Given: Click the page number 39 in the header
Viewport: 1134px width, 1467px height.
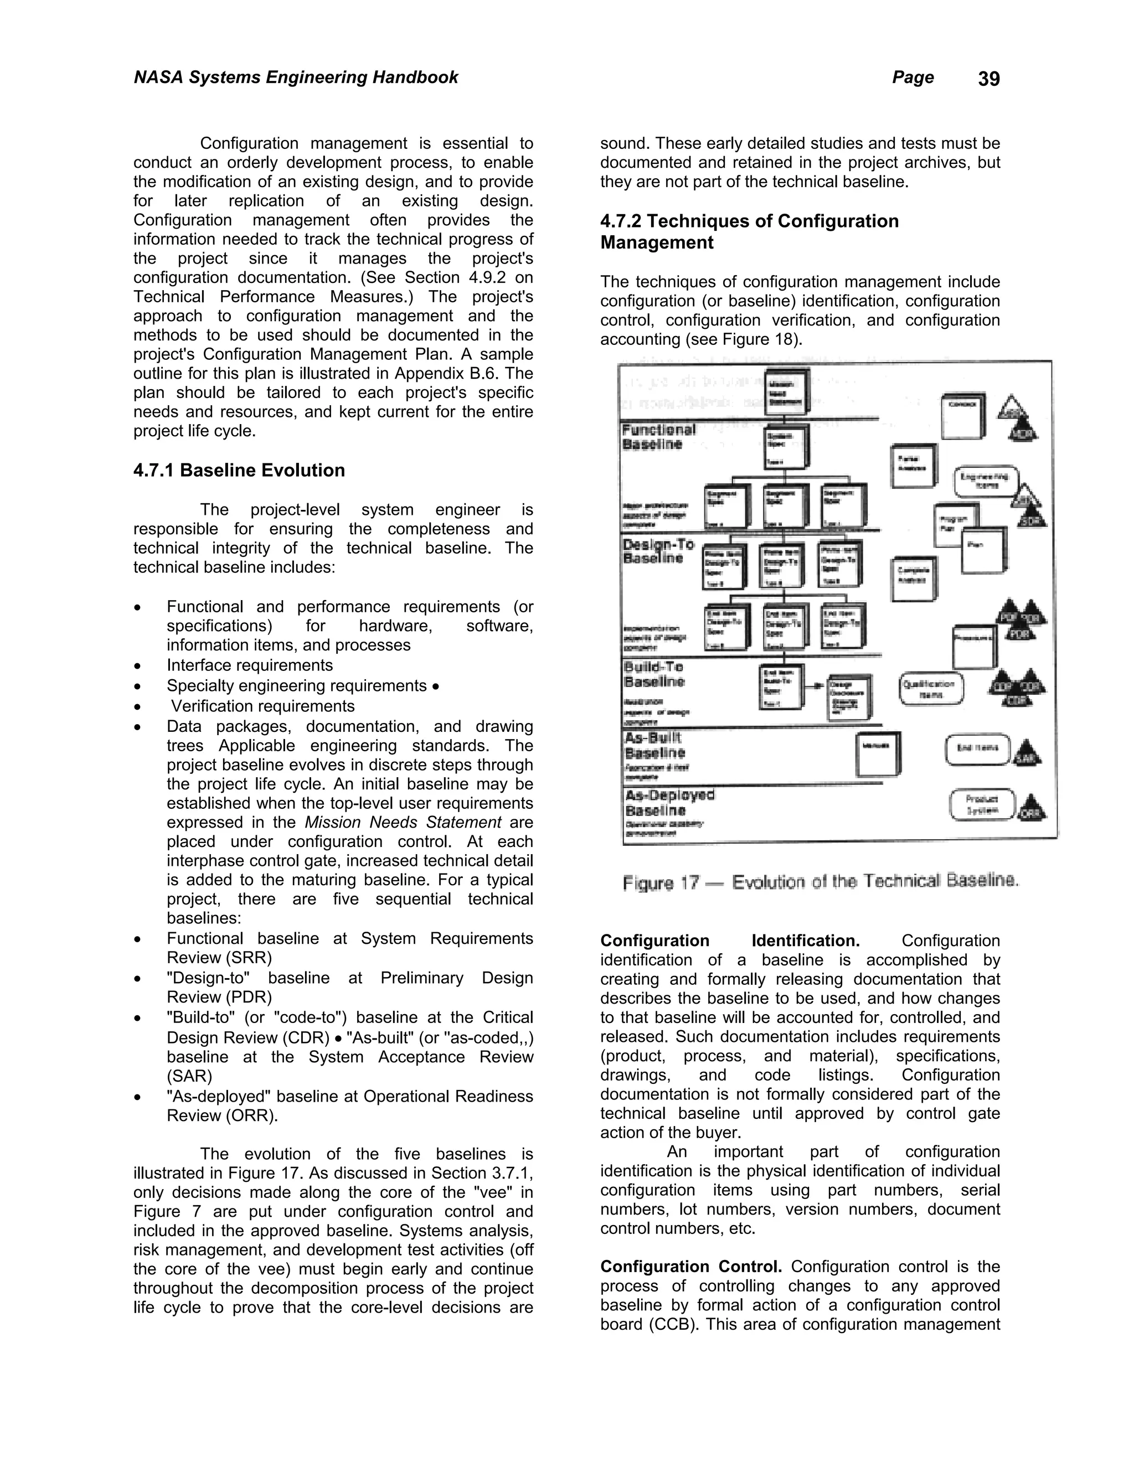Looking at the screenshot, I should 988,79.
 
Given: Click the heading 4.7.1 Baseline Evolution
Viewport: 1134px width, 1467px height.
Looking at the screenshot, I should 239,470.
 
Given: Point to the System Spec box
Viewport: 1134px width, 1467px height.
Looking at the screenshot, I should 786,447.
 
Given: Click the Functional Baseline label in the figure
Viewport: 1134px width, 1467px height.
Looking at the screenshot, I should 658,437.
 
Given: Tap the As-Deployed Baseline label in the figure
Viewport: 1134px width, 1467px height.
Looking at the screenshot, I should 669,802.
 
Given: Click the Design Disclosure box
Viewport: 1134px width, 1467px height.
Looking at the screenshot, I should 850,696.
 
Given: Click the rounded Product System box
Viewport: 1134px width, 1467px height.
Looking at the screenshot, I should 982,804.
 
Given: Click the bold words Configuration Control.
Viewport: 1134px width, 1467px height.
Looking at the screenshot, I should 690,1267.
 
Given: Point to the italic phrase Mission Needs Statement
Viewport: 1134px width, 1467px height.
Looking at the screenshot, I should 403,823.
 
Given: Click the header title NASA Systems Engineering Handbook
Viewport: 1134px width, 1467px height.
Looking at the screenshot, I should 296,78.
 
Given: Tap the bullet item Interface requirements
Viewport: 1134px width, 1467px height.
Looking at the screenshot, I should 249,665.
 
